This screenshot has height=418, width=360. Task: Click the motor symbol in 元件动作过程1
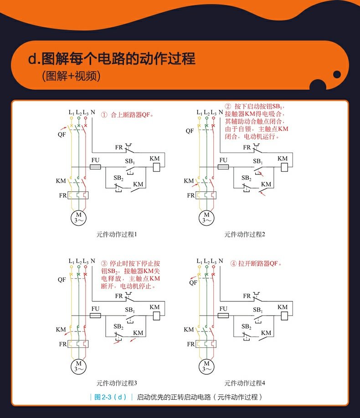coord(78,217)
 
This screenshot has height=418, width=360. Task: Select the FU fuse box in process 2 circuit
coord(223,167)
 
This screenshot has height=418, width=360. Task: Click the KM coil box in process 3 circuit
coord(156,316)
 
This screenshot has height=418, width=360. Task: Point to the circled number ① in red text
coord(104,115)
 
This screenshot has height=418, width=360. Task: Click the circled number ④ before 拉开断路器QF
coord(233,264)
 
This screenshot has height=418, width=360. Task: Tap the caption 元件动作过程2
coord(245,234)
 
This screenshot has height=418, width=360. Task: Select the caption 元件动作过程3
coord(117,383)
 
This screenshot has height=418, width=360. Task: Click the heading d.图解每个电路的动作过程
coord(112,59)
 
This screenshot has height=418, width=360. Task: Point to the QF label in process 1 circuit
coord(62,135)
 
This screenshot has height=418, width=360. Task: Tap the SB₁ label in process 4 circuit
coord(258,310)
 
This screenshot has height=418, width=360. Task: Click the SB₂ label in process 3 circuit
coord(118,326)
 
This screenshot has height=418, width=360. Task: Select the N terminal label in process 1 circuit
coord(93,112)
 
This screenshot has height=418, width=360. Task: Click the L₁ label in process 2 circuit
coord(199,112)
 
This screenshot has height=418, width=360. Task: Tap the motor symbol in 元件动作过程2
coord(207,217)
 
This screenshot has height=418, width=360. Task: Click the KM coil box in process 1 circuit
coord(156,167)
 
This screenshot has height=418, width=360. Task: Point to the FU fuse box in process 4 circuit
coord(223,316)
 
